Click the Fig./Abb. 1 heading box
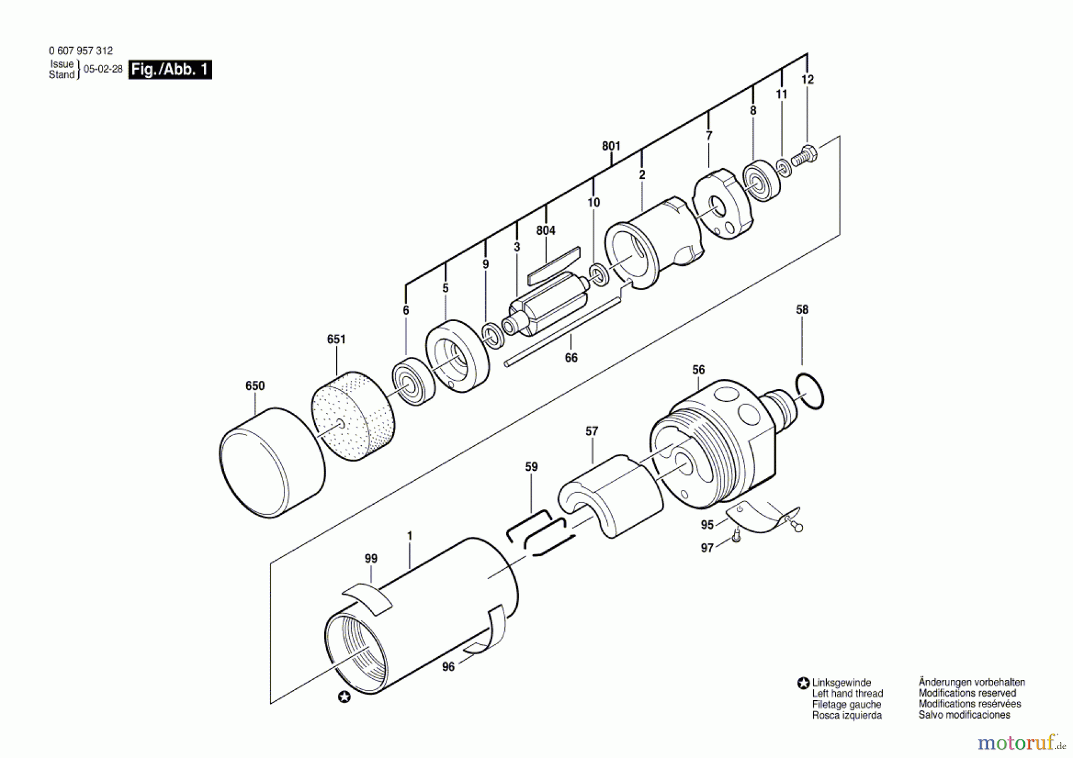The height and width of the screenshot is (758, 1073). pyautogui.click(x=170, y=70)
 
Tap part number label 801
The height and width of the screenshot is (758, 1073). pyautogui.click(x=611, y=146)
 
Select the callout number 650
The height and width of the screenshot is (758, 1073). pyautogui.click(x=255, y=386)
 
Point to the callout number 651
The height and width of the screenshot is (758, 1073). pyautogui.click(x=336, y=340)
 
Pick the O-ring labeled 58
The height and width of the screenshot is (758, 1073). pyautogui.click(x=810, y=392)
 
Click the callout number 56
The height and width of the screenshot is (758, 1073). pyautogui.click(x=699, y=370)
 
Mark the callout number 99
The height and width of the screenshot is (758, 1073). pyautogui.click(x=371, y=559)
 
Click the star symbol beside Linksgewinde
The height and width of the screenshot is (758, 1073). pyautogui.click(x=804, y=684)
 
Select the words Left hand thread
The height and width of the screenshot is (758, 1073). pyautogui.click(x=847, y=694)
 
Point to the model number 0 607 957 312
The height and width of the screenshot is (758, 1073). pyautogui.click(x=80, y=51)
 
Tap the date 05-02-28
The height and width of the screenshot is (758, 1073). pyautogui.click(x=103, y=69)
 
